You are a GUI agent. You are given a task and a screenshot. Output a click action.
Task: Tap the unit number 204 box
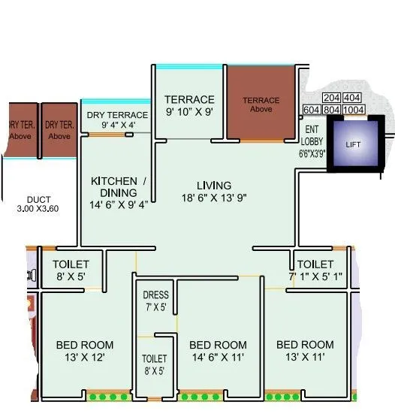[332, 98]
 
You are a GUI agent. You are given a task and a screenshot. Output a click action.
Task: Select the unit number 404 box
[352, 98]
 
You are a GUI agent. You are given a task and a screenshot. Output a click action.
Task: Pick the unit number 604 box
[311, 110]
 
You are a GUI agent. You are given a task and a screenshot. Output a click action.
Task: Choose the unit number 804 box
[332, 110]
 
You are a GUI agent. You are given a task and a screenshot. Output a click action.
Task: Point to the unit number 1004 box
[355, 110]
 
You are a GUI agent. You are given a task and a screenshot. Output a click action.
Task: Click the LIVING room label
[214, 185]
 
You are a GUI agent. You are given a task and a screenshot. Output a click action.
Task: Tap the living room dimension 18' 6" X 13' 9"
[214, 198]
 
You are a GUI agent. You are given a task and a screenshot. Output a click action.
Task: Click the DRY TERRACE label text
[116, 115]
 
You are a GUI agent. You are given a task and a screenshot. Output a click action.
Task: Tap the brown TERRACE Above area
[261, 104]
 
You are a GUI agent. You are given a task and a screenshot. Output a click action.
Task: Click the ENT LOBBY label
[311, 134]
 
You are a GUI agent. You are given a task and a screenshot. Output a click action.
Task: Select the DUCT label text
[38, 199]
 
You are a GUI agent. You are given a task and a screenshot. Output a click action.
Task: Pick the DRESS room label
[155, 295]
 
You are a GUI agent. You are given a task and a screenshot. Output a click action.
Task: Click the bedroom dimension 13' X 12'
[85, 358]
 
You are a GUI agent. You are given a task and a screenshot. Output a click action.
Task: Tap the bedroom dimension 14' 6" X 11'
[218, 358]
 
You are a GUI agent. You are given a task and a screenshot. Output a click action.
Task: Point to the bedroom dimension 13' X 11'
[305, 358]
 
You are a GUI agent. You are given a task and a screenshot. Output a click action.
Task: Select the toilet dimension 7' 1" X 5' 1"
[315, 276]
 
